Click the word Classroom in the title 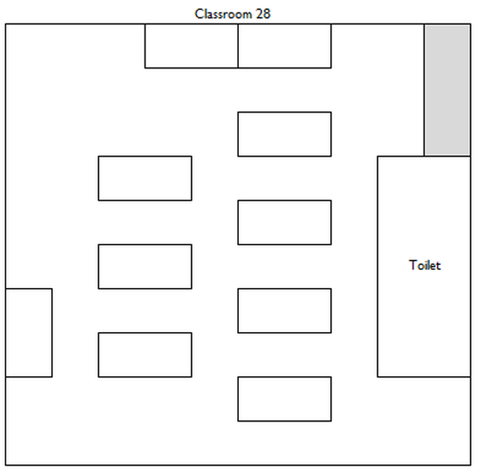(x=223, y=14)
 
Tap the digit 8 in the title (x=267, y=14)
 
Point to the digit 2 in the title (x=259, y=14)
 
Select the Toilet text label (x=425, y=265)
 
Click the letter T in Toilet (x=413, y=265)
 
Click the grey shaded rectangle (x=447, y=90)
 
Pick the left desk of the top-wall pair (x=192, y=46)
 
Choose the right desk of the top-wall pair (x=285, y=46)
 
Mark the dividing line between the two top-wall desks (x=238, y=46)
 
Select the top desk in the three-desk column (x=145, y=179)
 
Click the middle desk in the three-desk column (x=145, y=267)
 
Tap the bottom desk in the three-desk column (x=145, y=355)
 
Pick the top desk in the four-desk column (x=285, y=135)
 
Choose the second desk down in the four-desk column (x=285, y=223)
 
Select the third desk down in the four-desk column (x=285, y=311)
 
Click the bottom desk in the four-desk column (x=285, y=399)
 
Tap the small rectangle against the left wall (x=29, y=333)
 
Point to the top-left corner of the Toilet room (x=377, y=157)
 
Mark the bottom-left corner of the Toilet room (x=377, y=377)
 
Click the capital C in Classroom (x=200, y=14)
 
